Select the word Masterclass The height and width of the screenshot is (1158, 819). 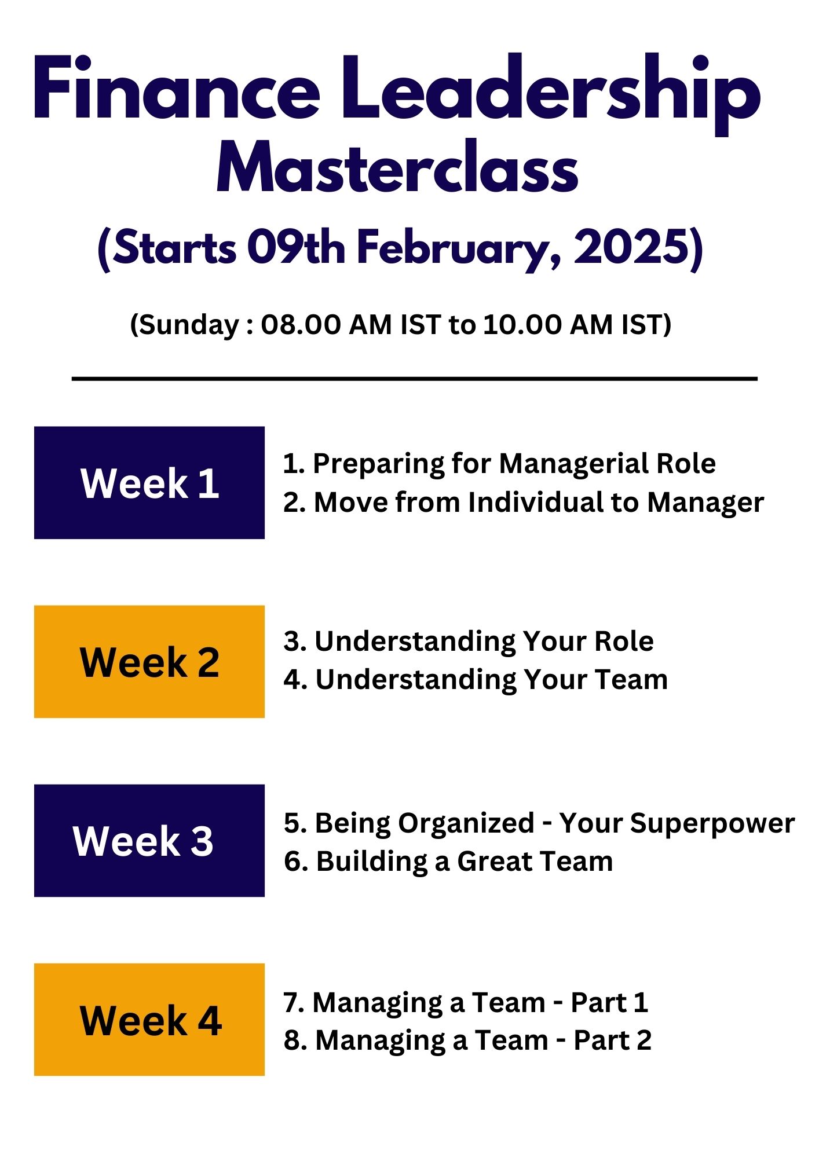397,167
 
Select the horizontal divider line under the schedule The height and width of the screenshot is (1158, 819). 415,379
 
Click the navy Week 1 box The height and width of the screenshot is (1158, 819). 149,482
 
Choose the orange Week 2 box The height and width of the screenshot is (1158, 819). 149,662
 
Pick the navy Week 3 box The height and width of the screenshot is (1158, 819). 149,841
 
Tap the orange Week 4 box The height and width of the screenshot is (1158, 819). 149,1020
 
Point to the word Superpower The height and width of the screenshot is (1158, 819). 712,824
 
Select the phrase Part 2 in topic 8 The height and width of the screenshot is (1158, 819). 612,1040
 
